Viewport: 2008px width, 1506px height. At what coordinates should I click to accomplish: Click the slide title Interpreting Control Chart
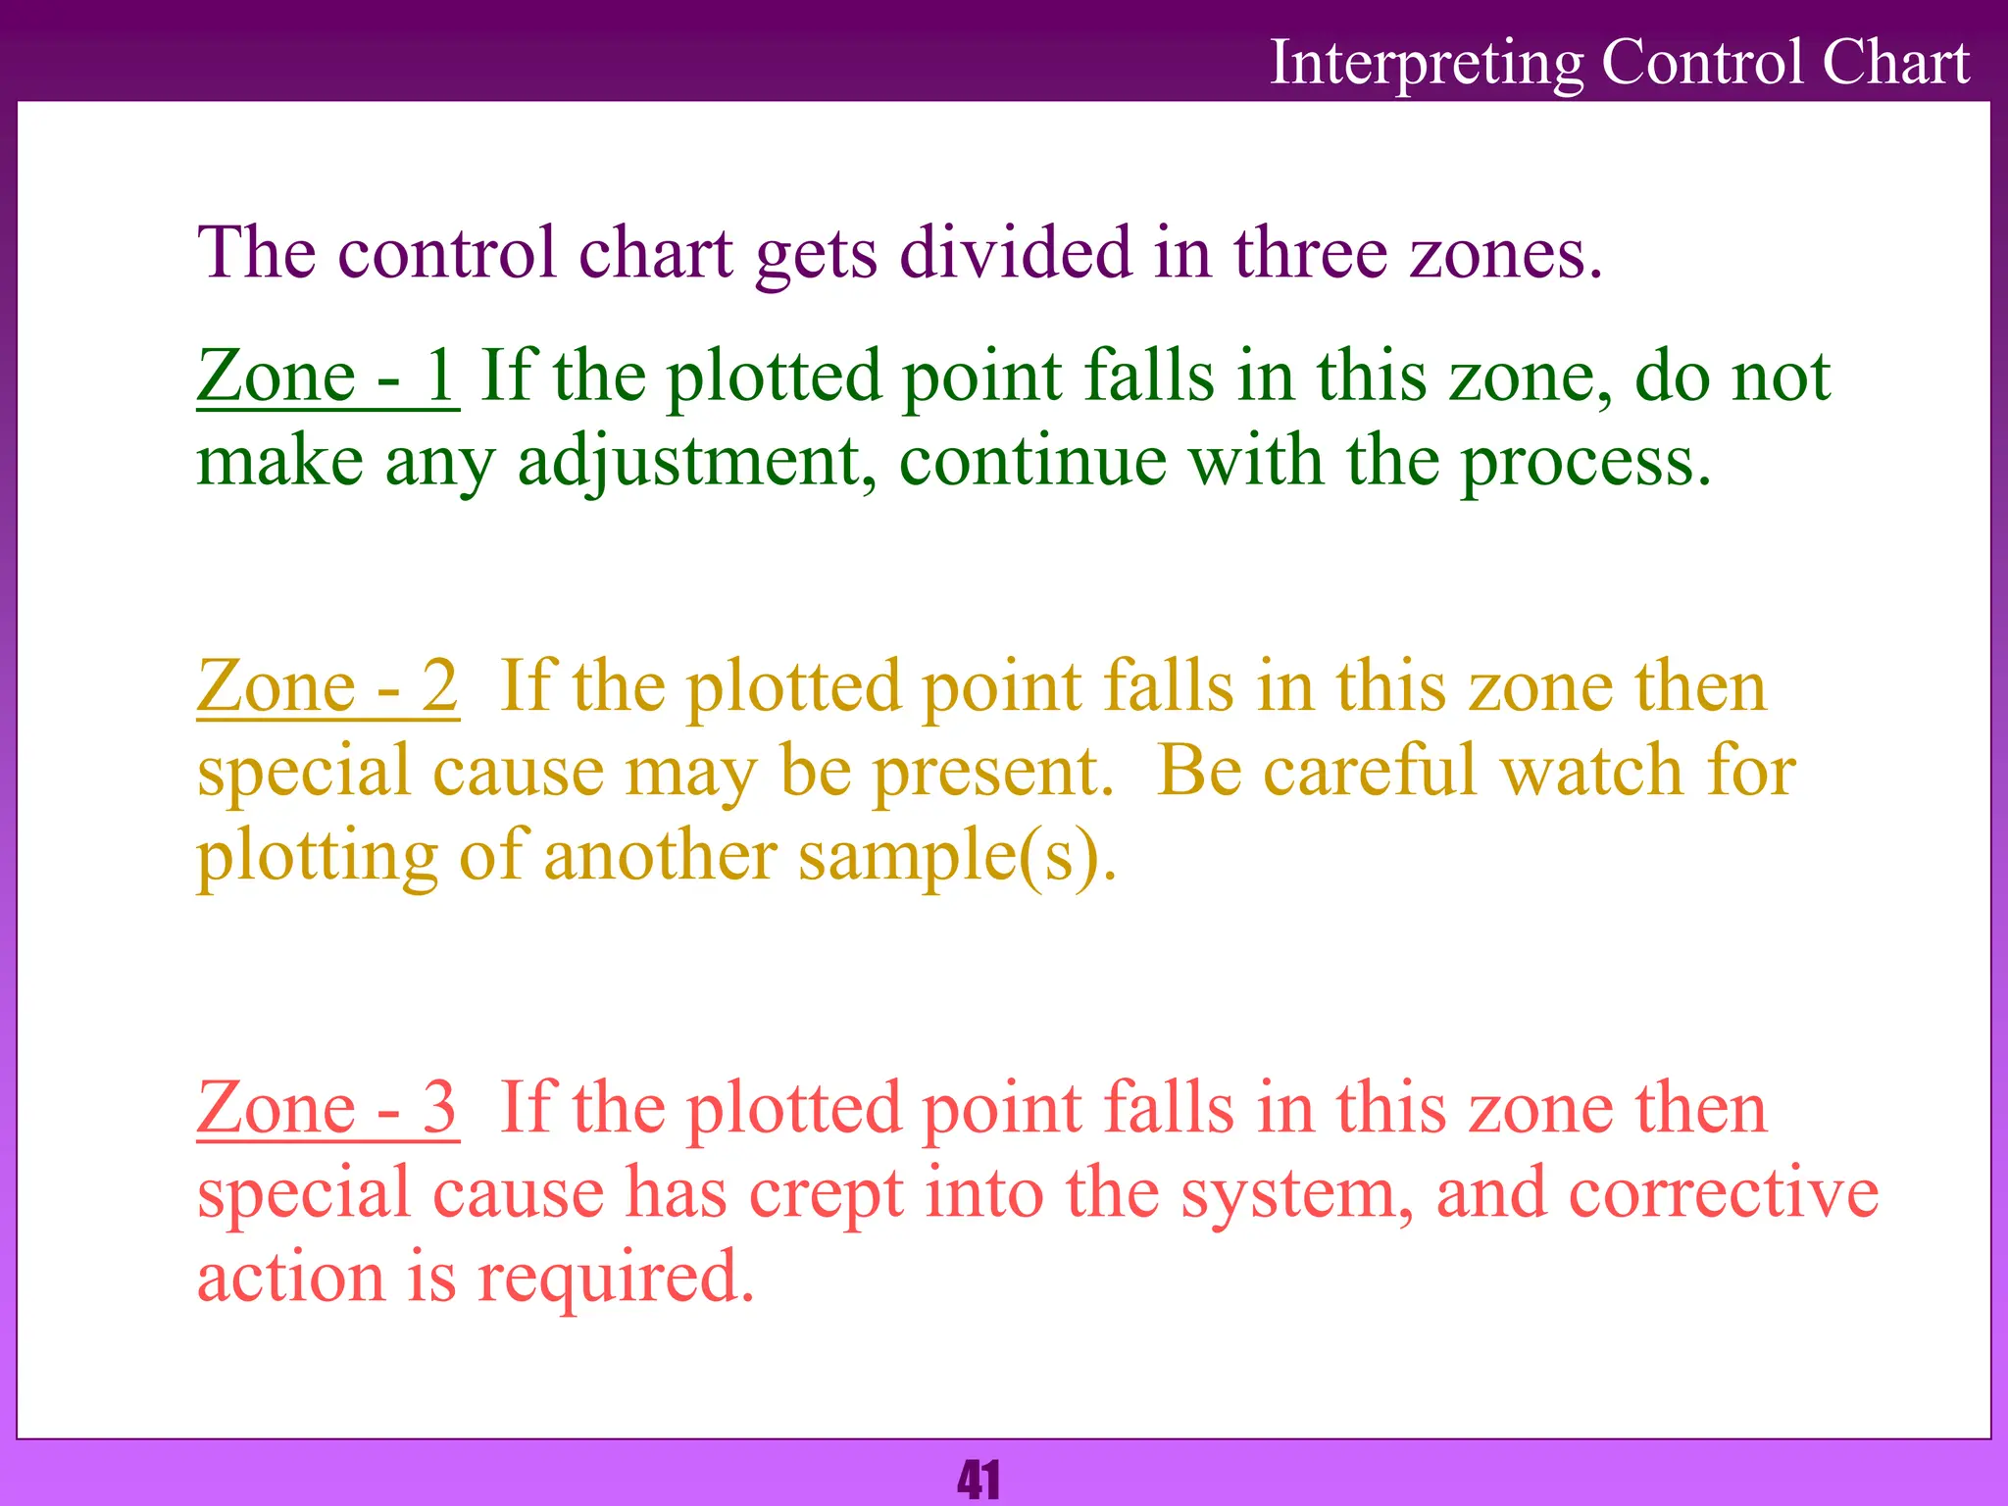pyautogui.click(x=1619, y=63)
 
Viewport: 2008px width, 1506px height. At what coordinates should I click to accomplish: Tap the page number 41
pyautogui.click(x=979, y=1480)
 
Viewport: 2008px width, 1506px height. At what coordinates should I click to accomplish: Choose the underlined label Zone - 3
pyautogui.click(x=326, y=1108)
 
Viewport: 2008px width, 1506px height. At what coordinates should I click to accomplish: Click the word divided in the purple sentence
pyautogui.click(x=1014, y=253)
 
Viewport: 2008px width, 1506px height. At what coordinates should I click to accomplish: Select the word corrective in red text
pyautogui.click(x=1724, y=1193)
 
